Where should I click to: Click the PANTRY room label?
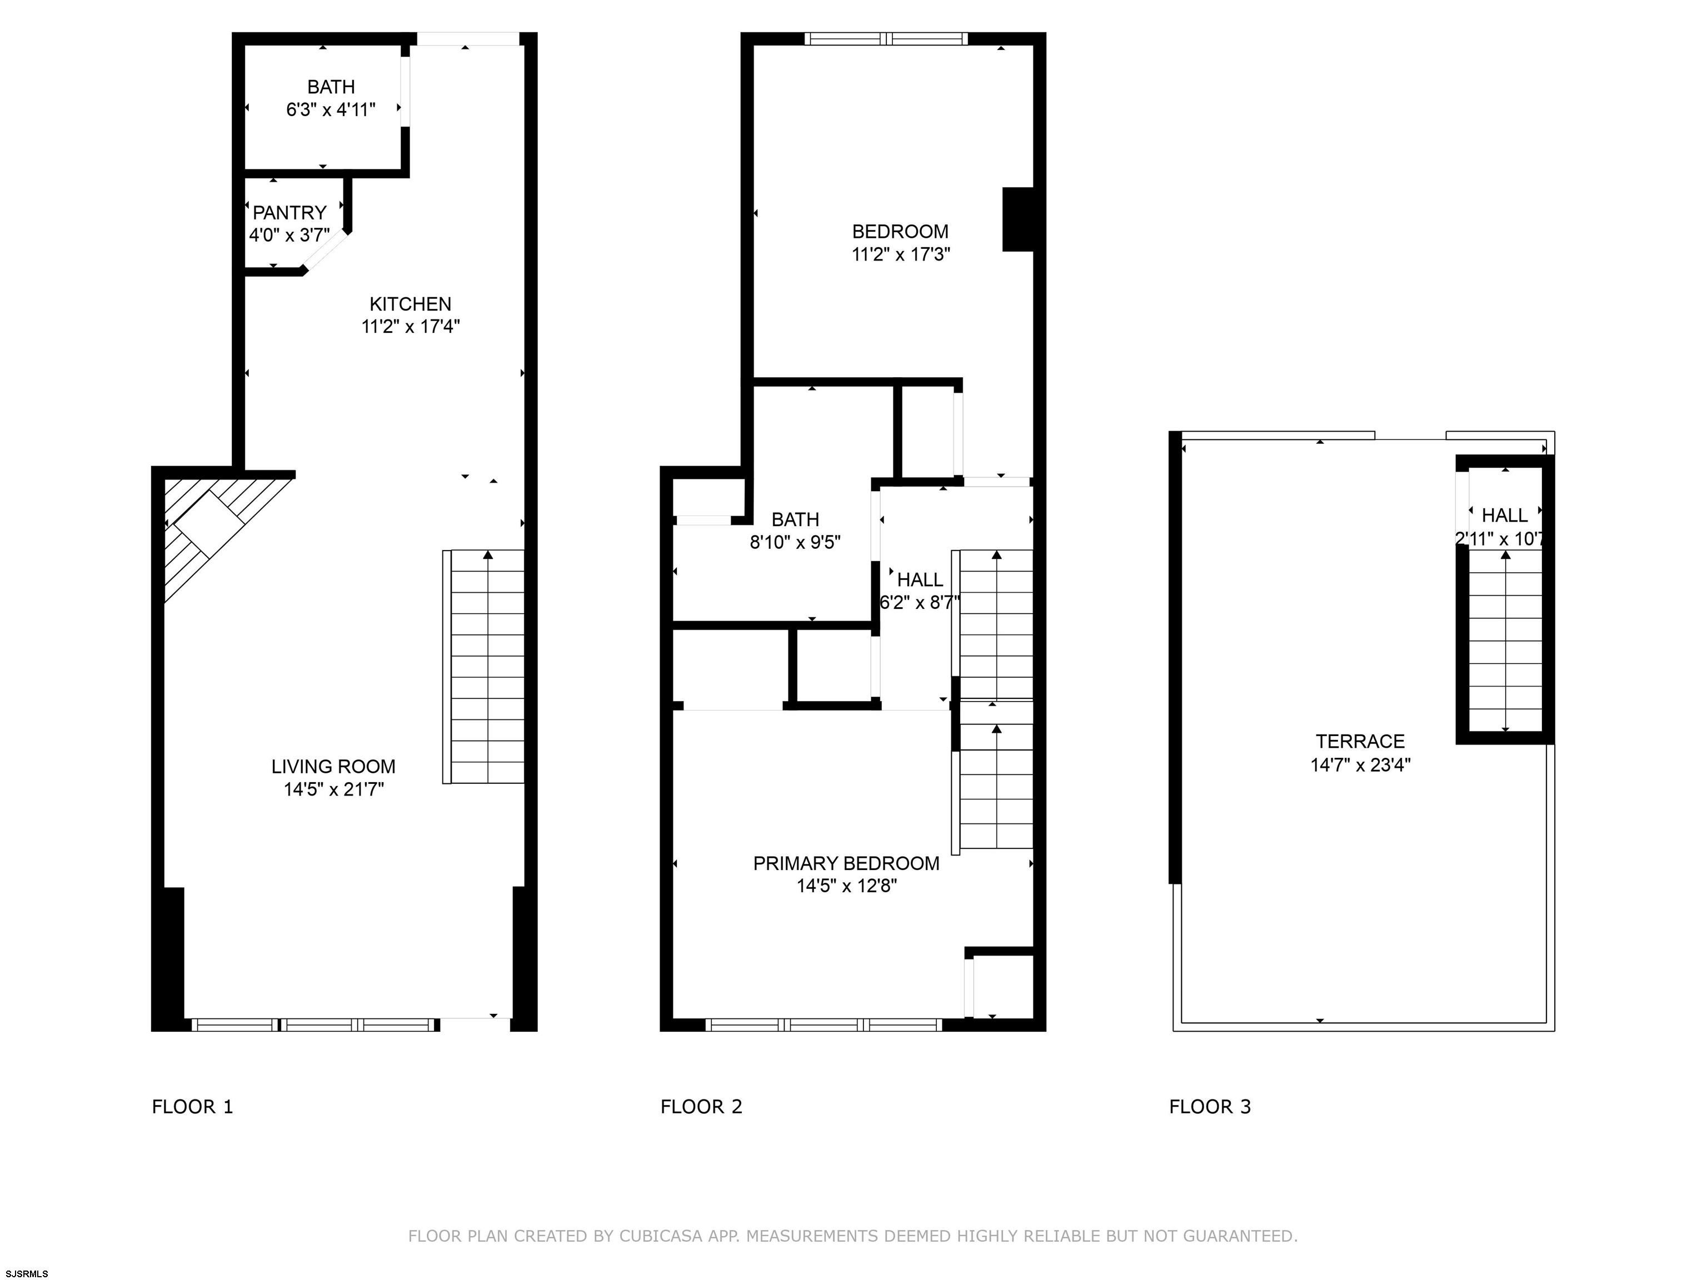[x=290, y=212]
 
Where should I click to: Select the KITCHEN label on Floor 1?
[x=411, y=304]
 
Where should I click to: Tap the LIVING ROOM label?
[x=333, y=766]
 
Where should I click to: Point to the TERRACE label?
[x=1360, y=742]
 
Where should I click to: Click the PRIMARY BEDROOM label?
[x=847, y=863]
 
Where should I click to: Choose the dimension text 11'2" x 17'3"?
[x=901, y=254]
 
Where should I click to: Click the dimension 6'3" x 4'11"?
[x=331, y=109]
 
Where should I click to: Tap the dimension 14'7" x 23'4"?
[x=1360, y=764]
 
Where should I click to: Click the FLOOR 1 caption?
[x=192, y=1107]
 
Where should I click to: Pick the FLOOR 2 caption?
[x=701, y=1107]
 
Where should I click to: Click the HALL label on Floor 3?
[x=1505, y=516]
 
